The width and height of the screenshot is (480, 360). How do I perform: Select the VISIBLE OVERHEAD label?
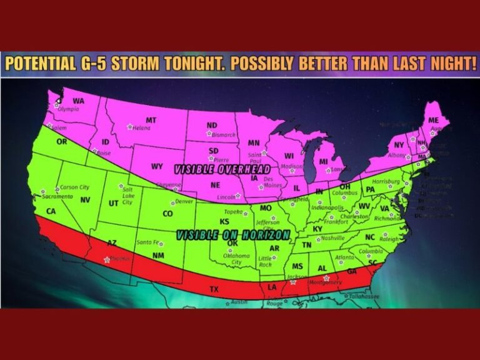222,169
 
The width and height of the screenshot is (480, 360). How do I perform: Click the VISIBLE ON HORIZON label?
233,236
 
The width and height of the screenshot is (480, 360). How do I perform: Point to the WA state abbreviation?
79,101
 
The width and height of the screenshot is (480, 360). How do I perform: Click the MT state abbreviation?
151,120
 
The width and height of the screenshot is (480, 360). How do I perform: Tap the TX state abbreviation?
214,289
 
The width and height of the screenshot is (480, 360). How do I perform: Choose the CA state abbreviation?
51,211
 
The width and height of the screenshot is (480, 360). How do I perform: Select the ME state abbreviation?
433,120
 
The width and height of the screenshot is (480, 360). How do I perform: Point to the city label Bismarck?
223,134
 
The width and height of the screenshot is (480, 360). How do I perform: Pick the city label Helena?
142,128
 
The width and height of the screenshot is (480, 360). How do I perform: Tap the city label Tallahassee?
364,296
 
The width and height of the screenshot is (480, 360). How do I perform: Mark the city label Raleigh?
388,239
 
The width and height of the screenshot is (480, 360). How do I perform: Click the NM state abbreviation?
158,256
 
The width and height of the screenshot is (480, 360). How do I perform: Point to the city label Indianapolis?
328,207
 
